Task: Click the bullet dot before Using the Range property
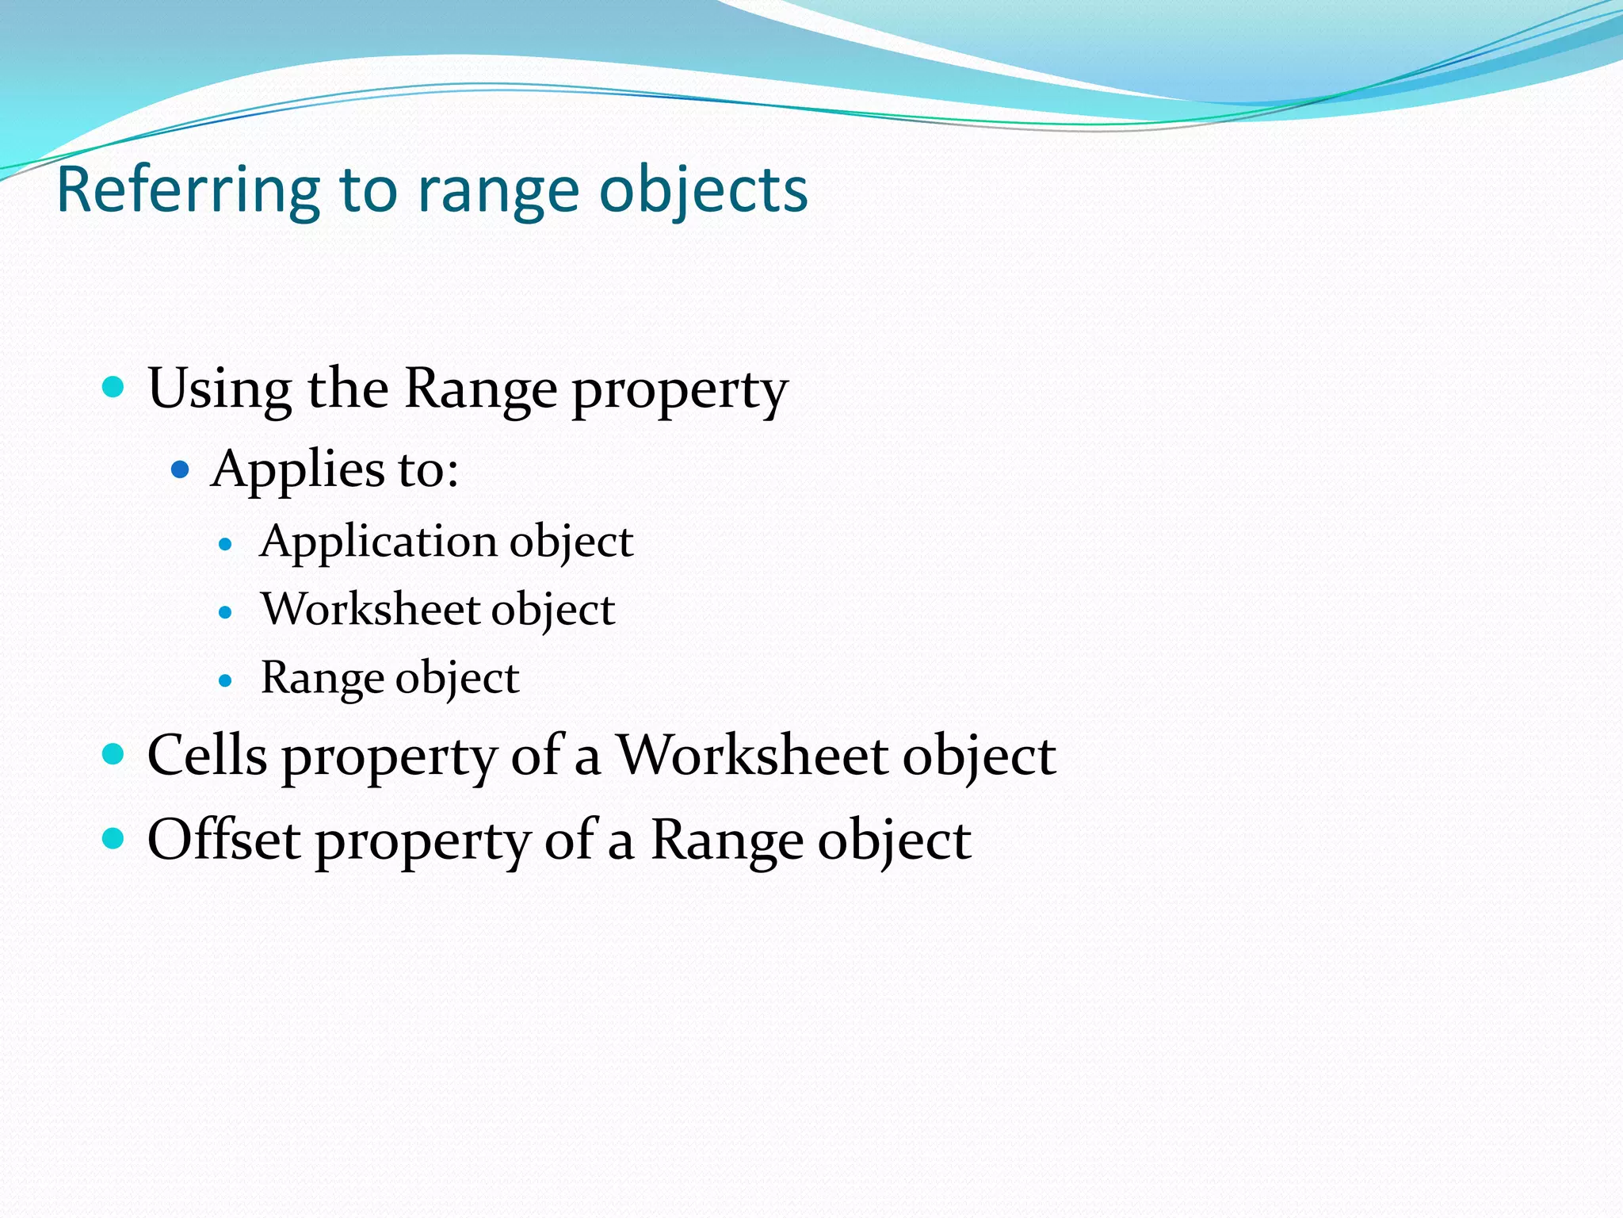[114, 387]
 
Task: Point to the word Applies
[297, 469]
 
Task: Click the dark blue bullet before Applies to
[181, 469]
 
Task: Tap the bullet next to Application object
[226, 545]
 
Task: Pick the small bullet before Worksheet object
[226, 612]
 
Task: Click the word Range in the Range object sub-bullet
[323, 678]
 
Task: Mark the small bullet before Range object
[226, 680]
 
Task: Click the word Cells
[207, 755]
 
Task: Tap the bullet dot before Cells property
[114, 754]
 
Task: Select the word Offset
[223, 840]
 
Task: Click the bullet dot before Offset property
[114, 838]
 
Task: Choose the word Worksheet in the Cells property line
[751, 755]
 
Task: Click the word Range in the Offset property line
[727, 840]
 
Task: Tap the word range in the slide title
[498, 190]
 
